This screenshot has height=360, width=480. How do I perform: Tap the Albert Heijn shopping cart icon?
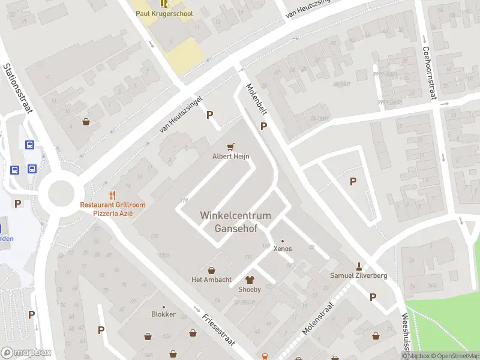tap(230, 146)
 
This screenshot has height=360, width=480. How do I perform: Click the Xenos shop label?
tap(283, 248)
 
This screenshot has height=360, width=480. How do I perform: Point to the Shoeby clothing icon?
tap(250, 280)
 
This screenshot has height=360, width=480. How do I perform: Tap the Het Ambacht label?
tap(211, 280)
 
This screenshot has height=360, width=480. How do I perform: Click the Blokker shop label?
tap(163, 314)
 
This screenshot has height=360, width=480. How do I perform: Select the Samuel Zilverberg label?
tap(359, 275)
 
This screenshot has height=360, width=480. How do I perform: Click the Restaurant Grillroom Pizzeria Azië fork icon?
tap(112, 194)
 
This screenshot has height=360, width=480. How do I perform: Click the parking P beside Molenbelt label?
tap(263, 126)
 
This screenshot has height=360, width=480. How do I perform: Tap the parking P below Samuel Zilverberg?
tap(373, 297)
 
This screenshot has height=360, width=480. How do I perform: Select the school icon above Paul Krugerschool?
tap(164, 3)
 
